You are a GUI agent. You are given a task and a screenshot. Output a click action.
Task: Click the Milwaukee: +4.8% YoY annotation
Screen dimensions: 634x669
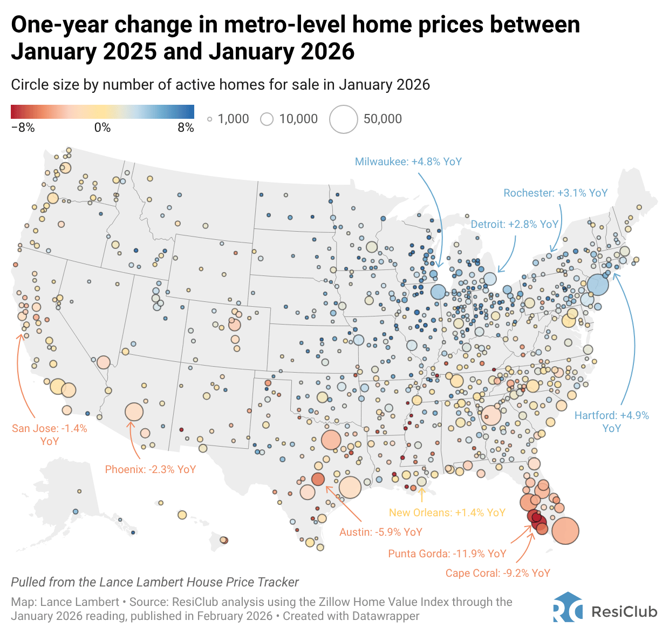(408, 161)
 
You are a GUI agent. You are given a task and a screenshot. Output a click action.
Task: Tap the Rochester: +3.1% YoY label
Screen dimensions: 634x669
(555, 193)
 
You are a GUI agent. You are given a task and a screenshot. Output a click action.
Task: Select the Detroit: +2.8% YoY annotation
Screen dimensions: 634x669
(514, 224)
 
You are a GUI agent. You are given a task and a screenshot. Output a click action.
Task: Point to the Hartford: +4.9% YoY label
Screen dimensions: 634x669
(611, 422)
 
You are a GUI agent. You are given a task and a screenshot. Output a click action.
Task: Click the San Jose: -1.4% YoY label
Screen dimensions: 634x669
(49, 435)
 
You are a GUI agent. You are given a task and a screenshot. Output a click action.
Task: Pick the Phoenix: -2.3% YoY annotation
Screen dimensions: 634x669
(150, 469)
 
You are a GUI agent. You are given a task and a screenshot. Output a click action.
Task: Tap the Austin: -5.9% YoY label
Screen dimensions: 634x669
(380, 532)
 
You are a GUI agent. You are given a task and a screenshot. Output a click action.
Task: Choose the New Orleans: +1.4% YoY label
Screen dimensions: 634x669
(447, 512)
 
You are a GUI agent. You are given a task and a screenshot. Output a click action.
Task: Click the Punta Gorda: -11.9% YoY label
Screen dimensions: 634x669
(447, 554)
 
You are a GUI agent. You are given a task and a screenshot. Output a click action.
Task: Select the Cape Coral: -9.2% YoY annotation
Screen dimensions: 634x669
(497, 573)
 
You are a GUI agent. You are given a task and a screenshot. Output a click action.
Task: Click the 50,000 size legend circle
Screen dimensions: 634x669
(344, 119)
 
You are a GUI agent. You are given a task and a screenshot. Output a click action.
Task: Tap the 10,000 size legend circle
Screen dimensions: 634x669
(267, 119)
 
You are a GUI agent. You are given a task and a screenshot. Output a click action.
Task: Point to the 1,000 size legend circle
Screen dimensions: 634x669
(210, 119)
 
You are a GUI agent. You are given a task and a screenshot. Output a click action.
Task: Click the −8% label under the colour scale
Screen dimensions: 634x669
(23, 127)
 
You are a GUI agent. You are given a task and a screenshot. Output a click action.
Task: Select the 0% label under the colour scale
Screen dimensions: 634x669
(102, 127)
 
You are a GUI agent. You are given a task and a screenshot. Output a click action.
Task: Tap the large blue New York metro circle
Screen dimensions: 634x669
(597, 284)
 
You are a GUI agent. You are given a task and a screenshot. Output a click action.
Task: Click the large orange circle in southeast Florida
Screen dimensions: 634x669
(565, 530)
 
